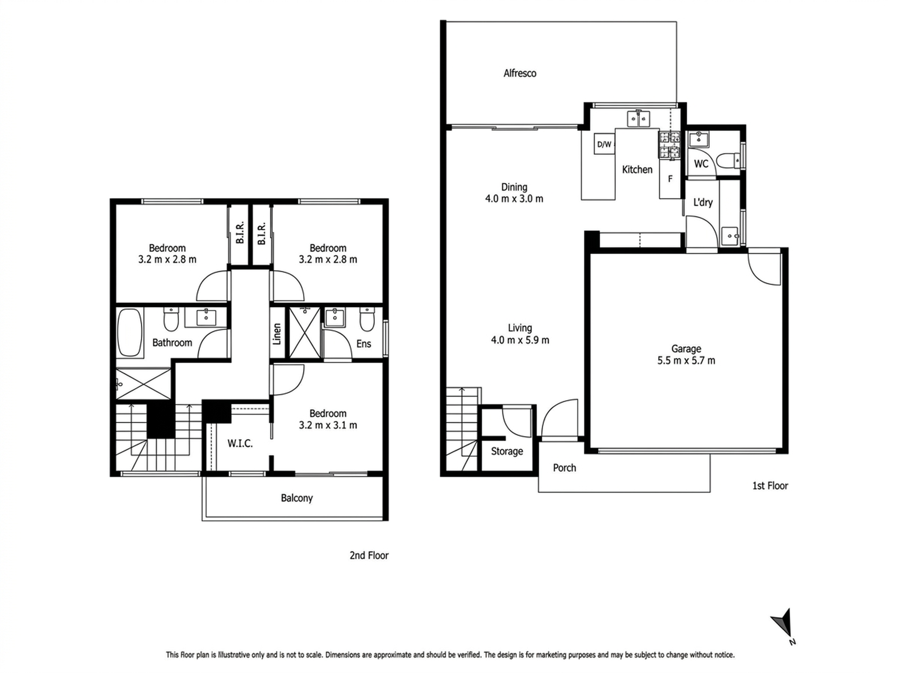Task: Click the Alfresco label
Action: click(519, 73)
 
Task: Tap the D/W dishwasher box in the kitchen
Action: click(604, 144)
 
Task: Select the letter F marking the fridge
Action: click(670, 179)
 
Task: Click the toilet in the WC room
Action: click(727, 161)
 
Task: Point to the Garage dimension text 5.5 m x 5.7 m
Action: click(686, 361)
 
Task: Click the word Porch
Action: click(564, 468)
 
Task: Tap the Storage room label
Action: click(507, 452)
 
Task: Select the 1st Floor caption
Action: click(770, 486)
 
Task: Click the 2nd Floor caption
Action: click(369, 555)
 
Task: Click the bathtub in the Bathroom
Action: click(130, 332)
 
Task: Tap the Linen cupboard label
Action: click(277, 333)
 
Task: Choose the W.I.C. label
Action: click(240, 443)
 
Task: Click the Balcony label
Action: click(296, 498)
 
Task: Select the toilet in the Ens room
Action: click(367, 319)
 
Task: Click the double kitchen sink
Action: click(639, 119)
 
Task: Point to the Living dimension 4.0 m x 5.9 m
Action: click(520, 340)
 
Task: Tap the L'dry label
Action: click(703, 202)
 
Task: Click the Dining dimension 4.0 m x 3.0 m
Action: click(514, 199)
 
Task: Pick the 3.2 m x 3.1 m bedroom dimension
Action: click(328, 425)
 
